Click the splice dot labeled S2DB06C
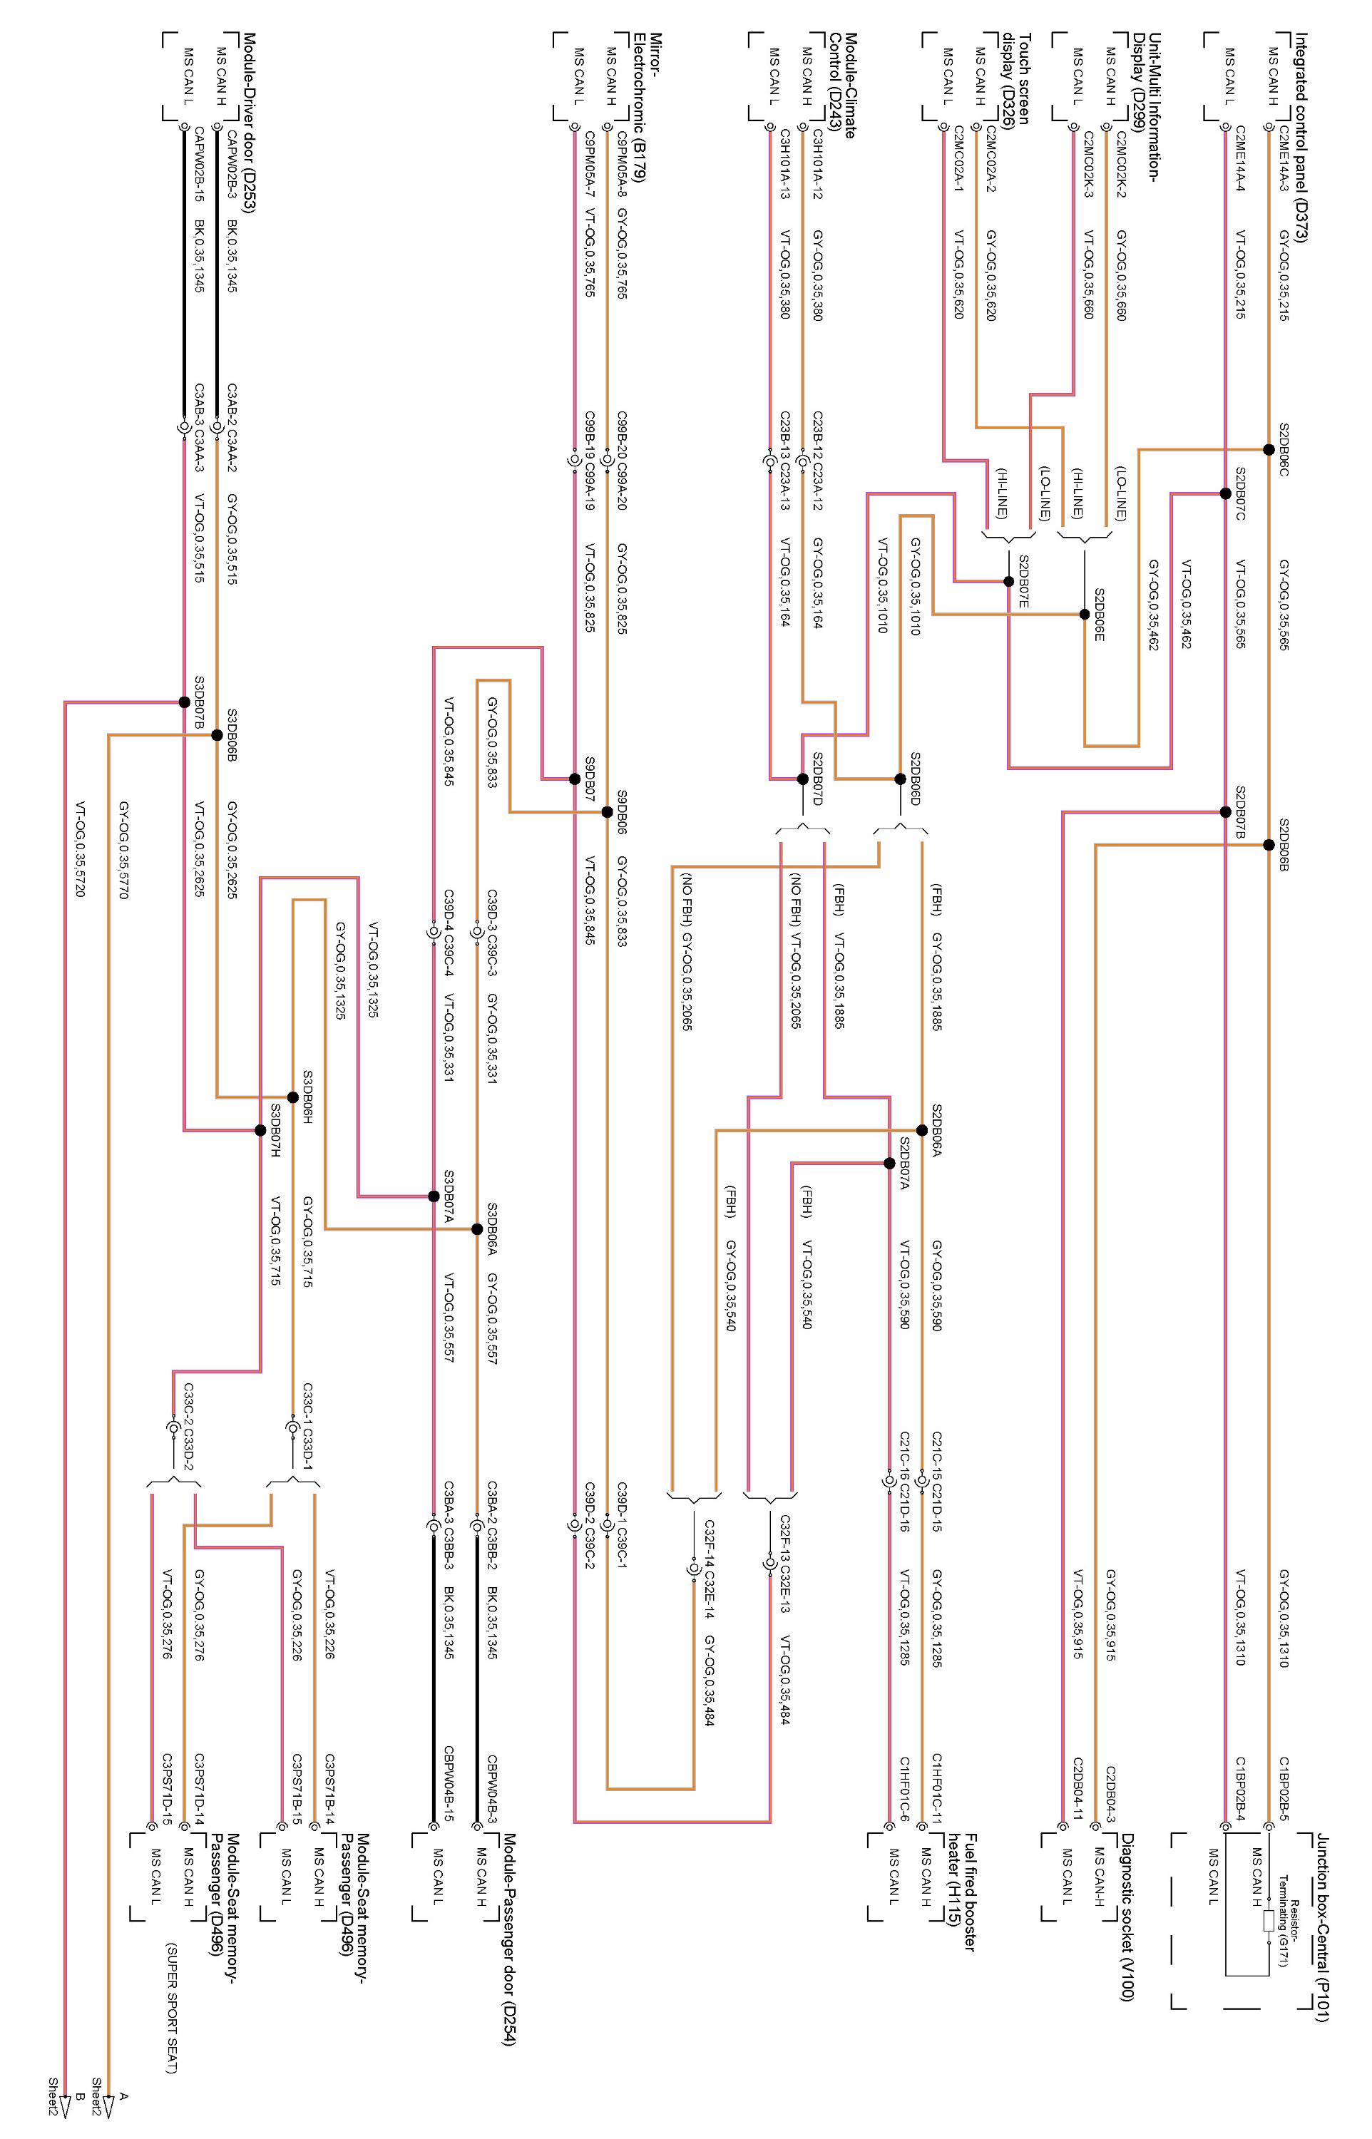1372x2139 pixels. click(x=1268, y=450)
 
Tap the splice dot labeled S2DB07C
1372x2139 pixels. click(x=1225, y=493)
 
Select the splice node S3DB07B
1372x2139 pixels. click(x=185, y=702)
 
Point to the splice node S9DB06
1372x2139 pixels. click(x=607, y=812)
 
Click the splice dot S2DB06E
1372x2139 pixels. click(x=1084, y=615)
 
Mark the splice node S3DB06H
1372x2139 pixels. click(x=292, y=1097)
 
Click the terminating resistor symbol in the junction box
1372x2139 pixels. click(x=1268, y=1921)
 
